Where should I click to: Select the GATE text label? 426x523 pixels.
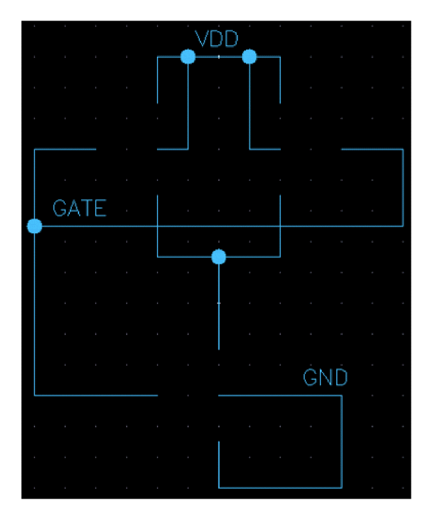click(x=79, y=209)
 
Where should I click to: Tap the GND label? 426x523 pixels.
click(x=325, y=378)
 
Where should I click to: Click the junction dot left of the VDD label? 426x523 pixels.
click(x=188, y=57)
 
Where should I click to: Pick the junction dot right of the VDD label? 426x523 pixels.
click(x=249, y=57)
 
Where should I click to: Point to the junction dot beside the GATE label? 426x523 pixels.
click(x=34, y=226)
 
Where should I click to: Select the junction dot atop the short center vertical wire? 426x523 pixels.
click(x=219, y=256)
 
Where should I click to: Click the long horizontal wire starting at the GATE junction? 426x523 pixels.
click(x=218, y=226)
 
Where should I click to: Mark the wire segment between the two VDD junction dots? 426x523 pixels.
click(x=218, y=57)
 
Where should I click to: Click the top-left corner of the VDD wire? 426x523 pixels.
click(x=158, y=57)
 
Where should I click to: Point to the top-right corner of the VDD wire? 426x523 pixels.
click(x=280, y=57)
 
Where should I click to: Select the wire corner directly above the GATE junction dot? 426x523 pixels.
click(x=34, y=150)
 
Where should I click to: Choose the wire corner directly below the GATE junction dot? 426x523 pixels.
click(x=34, y=396)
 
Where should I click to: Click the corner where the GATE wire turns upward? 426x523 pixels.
click(x=403, y=226)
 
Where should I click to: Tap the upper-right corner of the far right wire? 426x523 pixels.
click(x=403, y=150)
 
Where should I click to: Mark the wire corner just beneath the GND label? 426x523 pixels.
click(x=342, y=396)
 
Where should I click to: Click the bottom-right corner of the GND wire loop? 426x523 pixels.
click(x=342, y=488)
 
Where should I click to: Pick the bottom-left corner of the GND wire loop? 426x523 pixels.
click(x=219, y=488)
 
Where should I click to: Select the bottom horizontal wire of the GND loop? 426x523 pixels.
click(x=280, y=488)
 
